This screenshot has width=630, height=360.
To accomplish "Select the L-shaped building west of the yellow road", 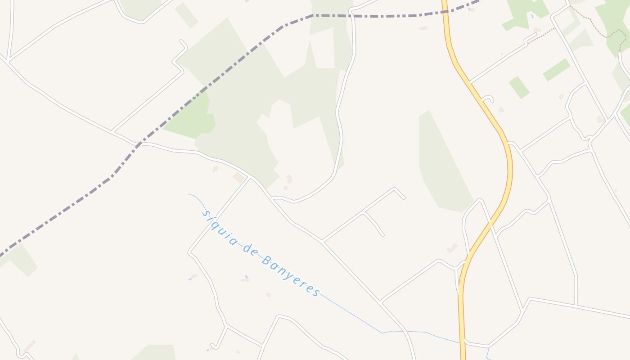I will pos(452,248).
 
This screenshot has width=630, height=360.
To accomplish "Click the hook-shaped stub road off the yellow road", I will pos(488,98).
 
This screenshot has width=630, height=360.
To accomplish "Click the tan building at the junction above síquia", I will pos(238,178).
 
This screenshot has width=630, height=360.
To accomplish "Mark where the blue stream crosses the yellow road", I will pos(462,343).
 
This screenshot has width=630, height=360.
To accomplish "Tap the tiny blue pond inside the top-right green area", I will pos(532,16).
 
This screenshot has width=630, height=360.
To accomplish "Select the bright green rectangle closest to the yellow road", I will pos(519,87).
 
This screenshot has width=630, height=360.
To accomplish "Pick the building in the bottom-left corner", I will pos(30,346).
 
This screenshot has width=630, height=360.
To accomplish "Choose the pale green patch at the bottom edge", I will pos(155,352).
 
